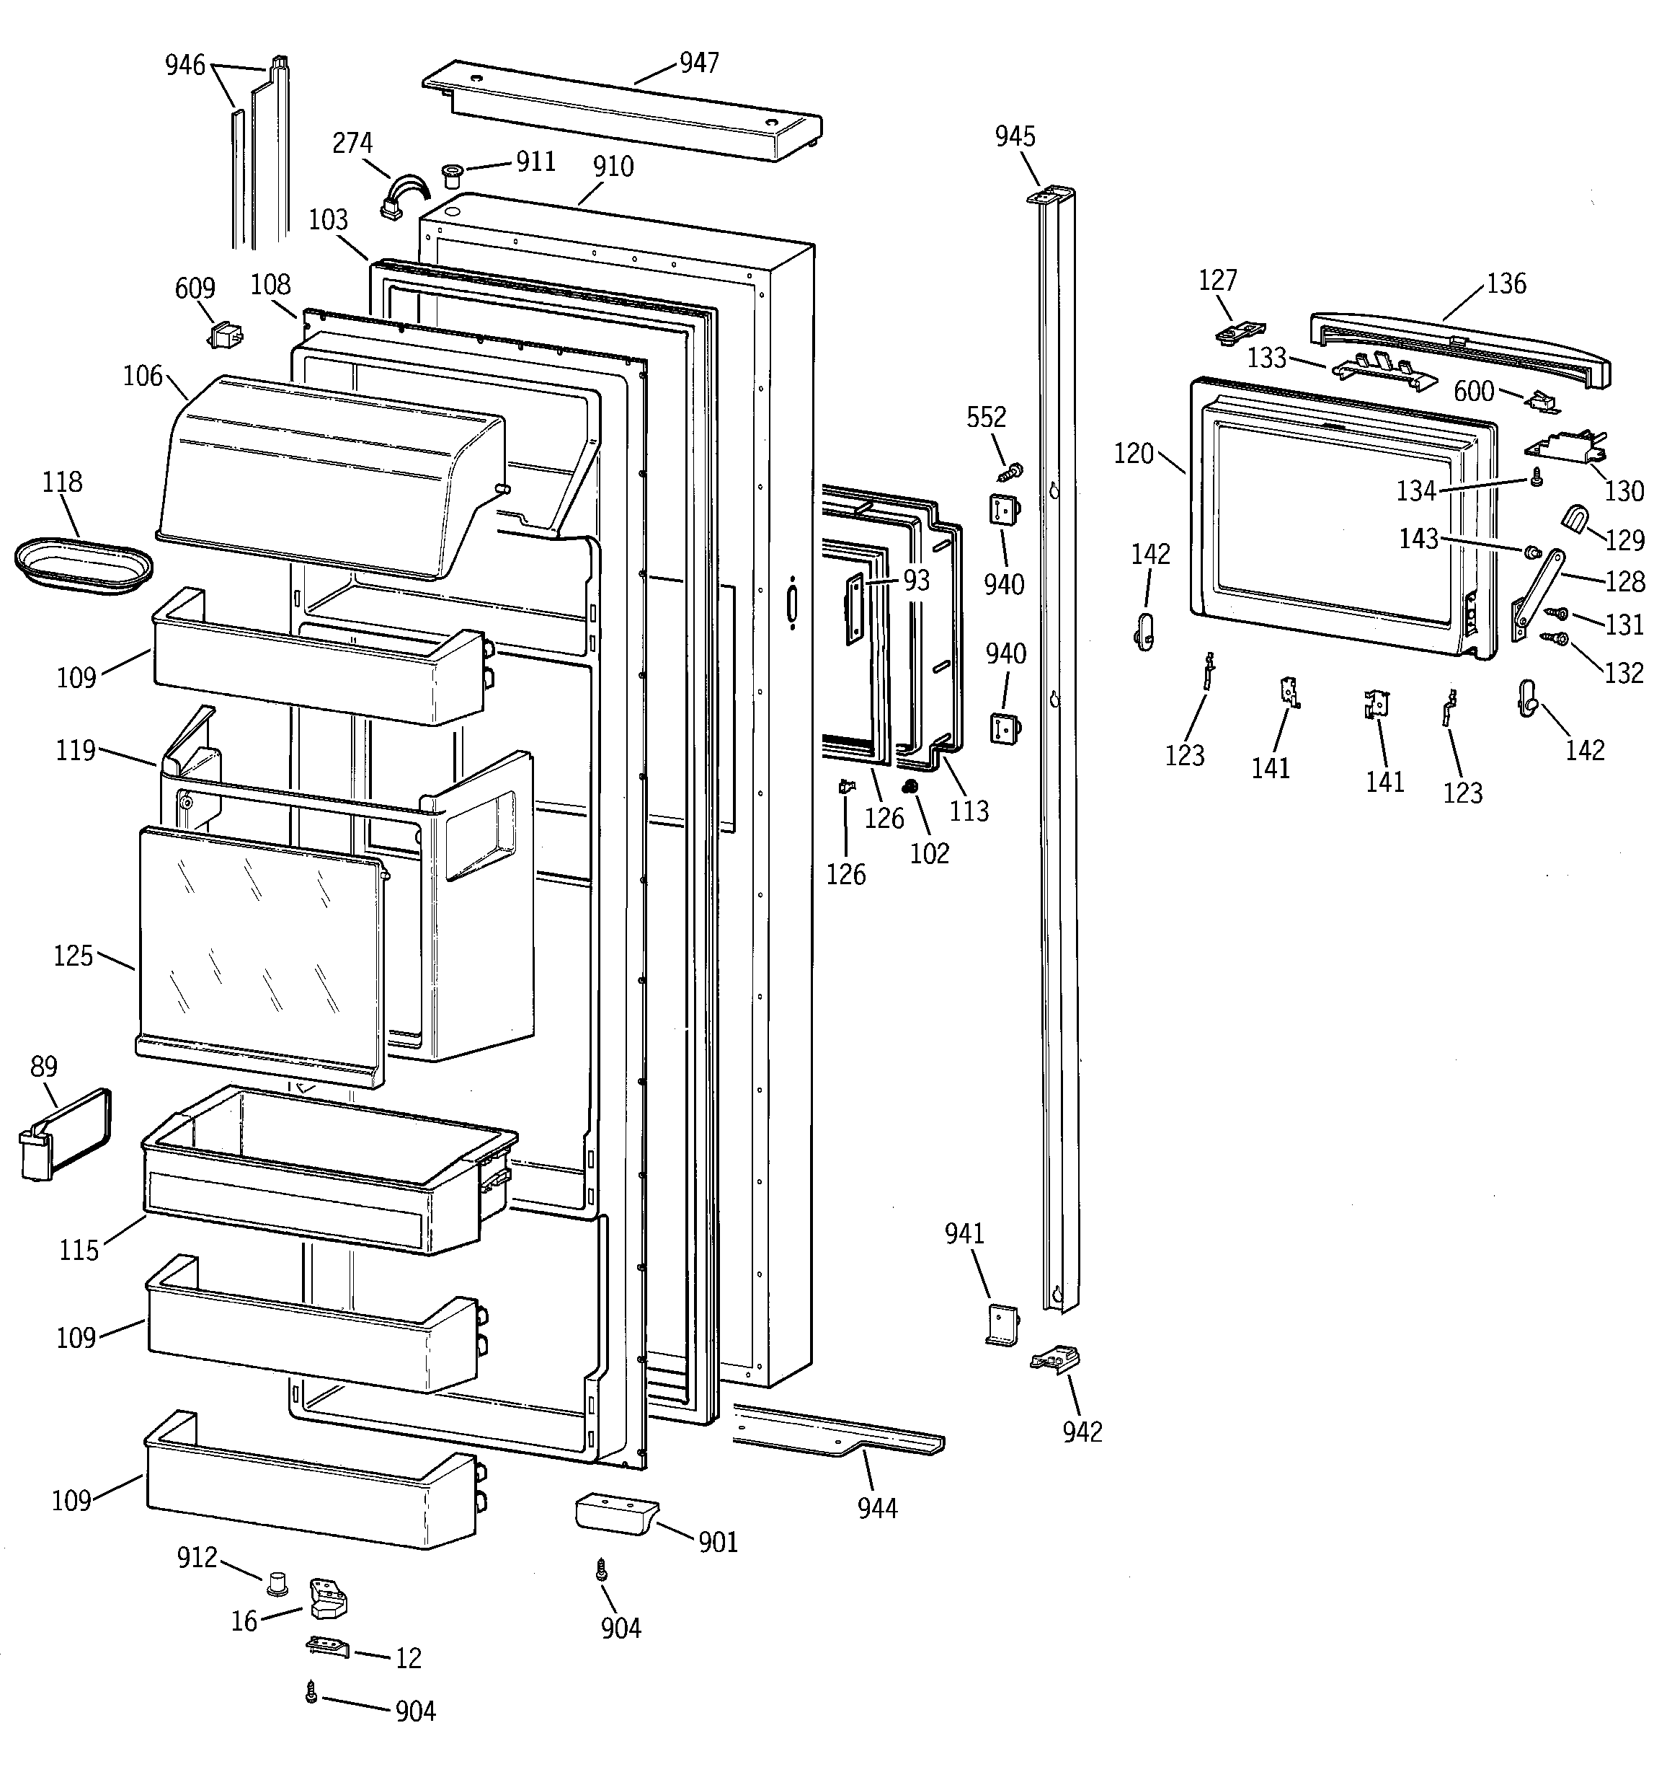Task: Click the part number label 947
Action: [x=698, y=63]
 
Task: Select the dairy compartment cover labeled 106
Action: [x=328, y=476]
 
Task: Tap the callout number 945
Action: [x=1014, y=136]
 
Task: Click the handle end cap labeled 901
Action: [x=615, y=1515]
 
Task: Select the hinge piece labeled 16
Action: [x=328, y=1599]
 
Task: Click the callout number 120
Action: [x=1133, y=454]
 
